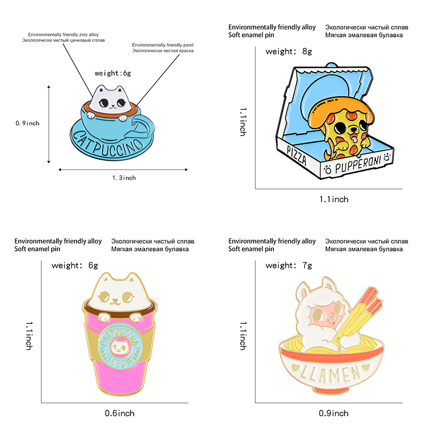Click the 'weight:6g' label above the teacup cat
click(x=112, y=73)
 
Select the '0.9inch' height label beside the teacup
click(x=27, y=123)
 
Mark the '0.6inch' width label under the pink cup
click(x=120, y=413)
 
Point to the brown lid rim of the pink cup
click(x=120, y=310)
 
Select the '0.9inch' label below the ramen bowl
click(x=334, y=413)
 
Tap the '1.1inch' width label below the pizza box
click(x=334, y=200)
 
